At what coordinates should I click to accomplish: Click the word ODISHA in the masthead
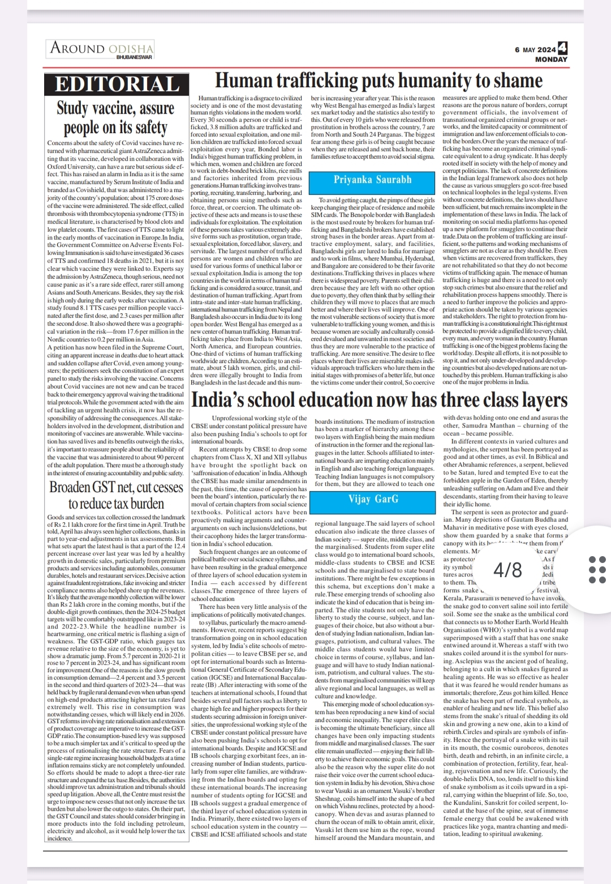(131, 49)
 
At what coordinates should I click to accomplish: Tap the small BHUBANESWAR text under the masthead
(134, 57)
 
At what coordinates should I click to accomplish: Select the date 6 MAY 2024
(535, 50)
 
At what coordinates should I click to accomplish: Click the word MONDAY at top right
(551, 59)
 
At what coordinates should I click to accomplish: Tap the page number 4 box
(562, 48)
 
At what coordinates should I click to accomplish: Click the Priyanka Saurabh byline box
(372, 180)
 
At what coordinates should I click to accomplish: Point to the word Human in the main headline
(244, 81)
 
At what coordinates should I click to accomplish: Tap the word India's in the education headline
(218, 400)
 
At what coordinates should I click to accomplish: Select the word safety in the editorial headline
(151, 127)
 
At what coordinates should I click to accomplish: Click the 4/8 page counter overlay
(507, 569)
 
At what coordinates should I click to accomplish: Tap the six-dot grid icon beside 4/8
(597, 569)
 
